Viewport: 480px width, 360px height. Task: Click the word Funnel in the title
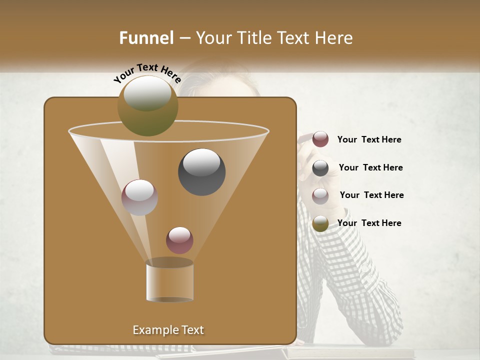coord(146,38)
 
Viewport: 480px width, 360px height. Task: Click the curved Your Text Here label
coord(147,73)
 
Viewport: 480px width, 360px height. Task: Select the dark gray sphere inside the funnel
coord(202,172)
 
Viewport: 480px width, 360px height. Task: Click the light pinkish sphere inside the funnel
coord(140,197)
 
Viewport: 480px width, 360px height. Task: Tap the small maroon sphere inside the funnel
coord(180,240)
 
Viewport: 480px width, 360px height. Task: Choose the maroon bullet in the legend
coord(320,139)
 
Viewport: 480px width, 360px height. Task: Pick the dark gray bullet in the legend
coord(320,168)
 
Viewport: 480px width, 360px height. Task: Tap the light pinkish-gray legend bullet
coord(320,195)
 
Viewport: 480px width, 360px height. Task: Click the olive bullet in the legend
coord(320,223)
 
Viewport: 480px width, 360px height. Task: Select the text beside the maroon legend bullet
coord(369,140)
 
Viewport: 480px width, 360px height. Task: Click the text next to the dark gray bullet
coord(370,167)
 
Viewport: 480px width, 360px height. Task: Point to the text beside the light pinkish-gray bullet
coord(371,195)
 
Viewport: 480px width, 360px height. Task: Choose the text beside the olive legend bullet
coord(369,223)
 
